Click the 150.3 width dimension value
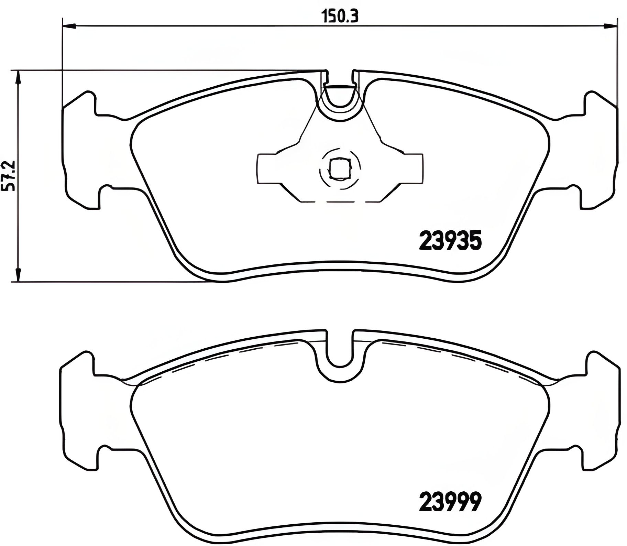340,16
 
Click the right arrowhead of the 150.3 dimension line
610,25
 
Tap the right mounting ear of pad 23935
600,151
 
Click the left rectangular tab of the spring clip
266,168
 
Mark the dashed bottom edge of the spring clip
340,202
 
